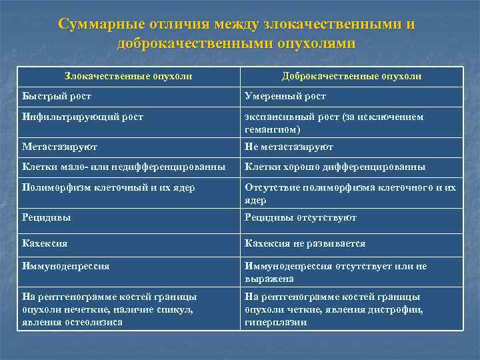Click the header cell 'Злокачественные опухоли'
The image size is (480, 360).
coord(128,77)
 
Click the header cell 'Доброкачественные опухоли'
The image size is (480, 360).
coord(351,77)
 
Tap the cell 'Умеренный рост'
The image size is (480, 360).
coord(285,97)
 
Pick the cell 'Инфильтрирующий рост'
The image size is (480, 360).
coord(82,117)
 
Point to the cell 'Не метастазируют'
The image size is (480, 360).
coord(289,147)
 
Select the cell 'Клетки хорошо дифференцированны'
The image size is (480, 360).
coord(335,167)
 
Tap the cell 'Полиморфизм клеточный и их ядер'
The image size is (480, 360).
coord(108,187)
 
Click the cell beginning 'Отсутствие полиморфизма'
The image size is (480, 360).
coord(350,193)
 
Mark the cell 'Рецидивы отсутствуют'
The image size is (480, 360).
coord(301,217)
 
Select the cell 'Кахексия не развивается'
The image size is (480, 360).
coord(305,243)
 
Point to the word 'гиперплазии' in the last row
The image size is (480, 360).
coord(275,322)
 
